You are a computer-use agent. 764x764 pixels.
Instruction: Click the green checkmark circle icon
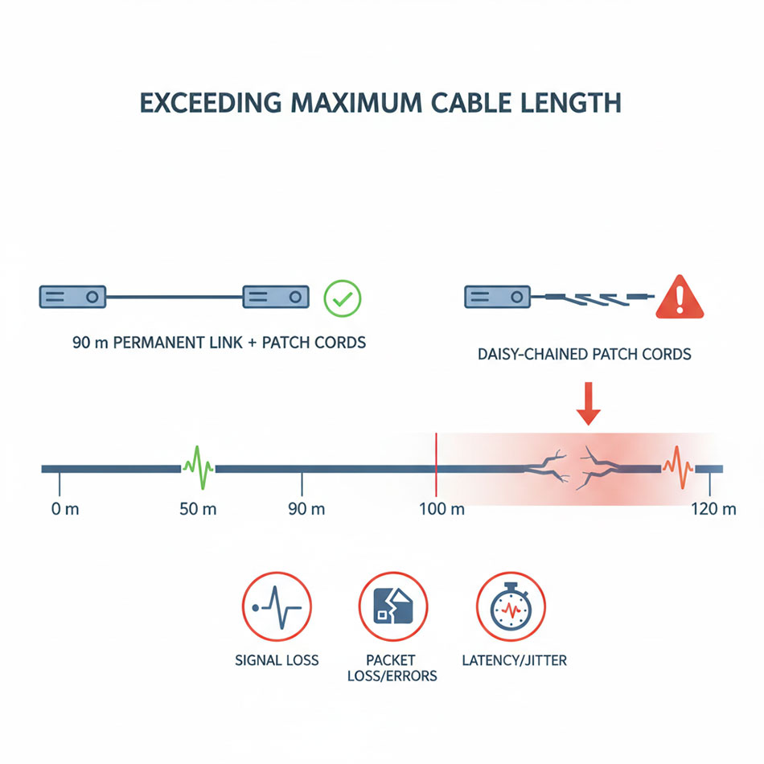(342, 298)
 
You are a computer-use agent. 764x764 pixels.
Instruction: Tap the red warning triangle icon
(680, 298)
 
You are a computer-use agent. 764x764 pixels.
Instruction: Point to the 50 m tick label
(198, 510)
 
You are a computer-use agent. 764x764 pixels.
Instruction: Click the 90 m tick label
(306, 510)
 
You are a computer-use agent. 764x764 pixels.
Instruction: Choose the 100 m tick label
(442, 510)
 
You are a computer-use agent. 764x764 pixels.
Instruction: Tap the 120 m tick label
(713, 510)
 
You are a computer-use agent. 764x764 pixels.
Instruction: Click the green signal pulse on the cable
(197, 467)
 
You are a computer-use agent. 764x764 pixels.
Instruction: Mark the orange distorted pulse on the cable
(677, 467)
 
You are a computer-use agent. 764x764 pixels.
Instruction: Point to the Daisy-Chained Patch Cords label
(584, 354)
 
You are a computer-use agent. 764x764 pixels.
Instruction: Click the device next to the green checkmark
(276, 297)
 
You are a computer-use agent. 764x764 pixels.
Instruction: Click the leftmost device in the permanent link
(72, 297)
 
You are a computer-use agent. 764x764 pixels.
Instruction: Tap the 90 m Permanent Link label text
(219, 343)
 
